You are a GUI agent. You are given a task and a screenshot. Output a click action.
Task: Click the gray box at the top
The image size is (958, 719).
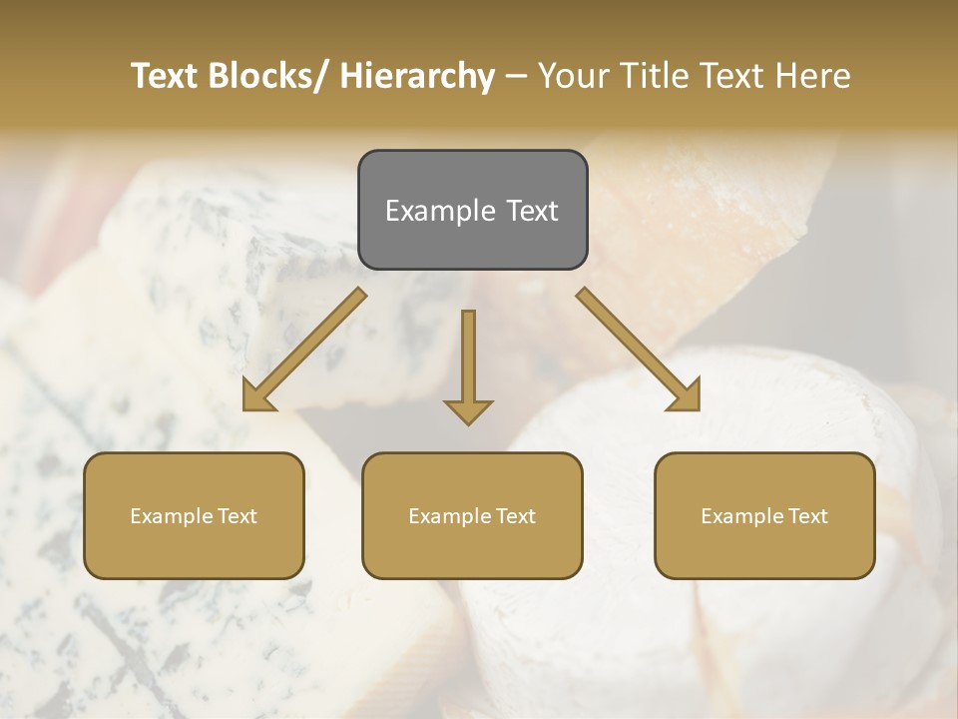pos(472,210)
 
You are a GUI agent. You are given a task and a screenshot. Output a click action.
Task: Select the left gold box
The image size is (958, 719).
pos(194,515)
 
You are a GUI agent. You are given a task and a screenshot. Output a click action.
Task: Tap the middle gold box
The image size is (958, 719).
pos(472,515)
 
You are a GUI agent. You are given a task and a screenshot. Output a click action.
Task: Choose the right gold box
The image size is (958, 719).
pos(764,515)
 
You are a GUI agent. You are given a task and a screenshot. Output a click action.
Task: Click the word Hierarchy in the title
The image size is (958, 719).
pos(416,76)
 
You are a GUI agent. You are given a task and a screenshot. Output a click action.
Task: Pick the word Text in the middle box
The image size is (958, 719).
pos(515,516)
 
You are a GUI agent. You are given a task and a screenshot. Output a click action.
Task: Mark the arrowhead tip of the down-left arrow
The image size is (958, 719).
pos(244,409)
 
